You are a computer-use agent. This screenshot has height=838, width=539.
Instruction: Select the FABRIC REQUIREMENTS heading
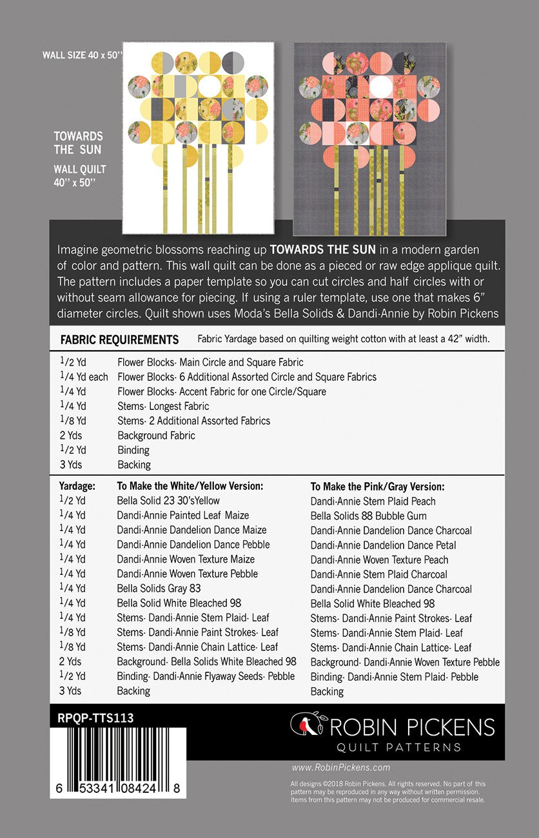(119, 340)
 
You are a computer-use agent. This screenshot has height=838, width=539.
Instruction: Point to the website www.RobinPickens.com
(340, 767)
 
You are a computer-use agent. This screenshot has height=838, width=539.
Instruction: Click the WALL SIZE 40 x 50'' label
(82, 55)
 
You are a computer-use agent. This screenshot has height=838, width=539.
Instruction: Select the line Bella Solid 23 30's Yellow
(168, 501)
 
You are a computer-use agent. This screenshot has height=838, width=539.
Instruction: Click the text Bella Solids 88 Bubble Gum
(368, 516)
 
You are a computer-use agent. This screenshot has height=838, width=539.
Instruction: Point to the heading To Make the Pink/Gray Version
(377, 487)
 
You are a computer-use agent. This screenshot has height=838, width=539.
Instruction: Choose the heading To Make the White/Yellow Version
(190, 486)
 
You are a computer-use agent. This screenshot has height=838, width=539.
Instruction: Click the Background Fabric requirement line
(156, 435)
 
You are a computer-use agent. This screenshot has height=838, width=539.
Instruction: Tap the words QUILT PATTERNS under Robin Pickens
(399, 747)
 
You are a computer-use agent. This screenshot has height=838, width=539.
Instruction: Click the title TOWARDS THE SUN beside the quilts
(78, 142)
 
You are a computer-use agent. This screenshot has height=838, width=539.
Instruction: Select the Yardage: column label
(77, 486)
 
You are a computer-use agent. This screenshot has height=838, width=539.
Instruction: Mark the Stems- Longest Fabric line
(163, 406)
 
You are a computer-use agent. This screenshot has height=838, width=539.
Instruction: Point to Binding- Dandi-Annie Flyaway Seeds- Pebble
(206, 676)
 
